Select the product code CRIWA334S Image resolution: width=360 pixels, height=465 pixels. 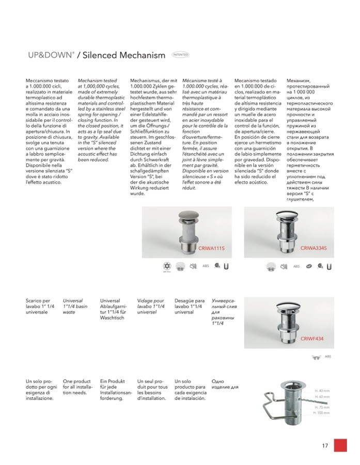pyautogui.click(x=314, y=249)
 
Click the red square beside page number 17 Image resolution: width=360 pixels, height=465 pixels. pyautogui.click(x=340, y=446)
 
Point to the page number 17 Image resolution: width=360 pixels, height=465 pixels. pyautogui.click(x=325, y=446)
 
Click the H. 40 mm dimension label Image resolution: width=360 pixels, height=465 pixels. pyautogui.click(x=322, y=391)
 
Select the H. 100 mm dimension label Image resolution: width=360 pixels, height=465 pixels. pyautogui.click(x=322, y=413)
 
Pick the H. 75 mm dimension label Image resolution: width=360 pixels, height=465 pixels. pyautogui.click(x=322, y=407)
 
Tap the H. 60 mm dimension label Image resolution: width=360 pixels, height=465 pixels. pyautogui.click(x=322, y=397)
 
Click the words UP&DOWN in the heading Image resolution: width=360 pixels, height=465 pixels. pyautogui.click(x=49, y=55)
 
